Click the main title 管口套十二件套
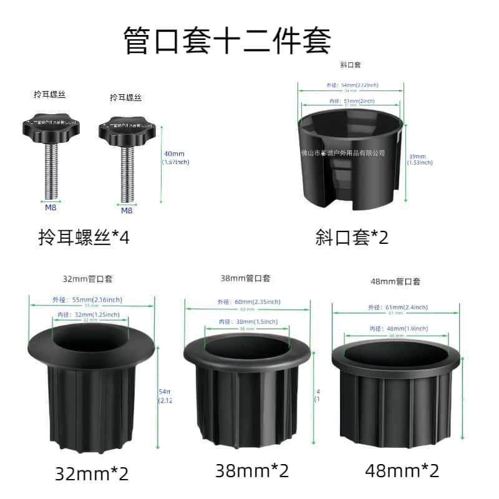point(227,39)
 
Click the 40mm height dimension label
point(175,158)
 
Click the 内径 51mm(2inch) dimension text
point(352,101)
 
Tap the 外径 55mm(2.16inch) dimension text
point(91,300)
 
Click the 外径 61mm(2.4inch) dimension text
point(397,307)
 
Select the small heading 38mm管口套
point(246,278)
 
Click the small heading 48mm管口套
point(395,282)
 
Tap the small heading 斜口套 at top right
point(351,65)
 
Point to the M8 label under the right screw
point(127,211)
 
